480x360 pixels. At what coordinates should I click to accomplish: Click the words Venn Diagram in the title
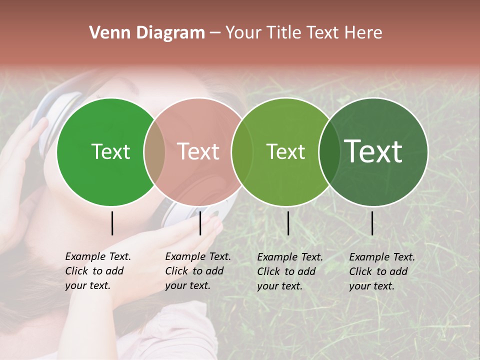click(x=147, y=33)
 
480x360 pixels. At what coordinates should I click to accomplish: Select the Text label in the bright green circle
click(x=110, y=151)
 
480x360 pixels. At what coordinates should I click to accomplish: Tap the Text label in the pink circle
click(x=198, y=151)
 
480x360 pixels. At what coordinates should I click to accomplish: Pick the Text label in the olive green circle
click(x=285, y=151)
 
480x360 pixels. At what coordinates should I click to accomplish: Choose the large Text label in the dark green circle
click(x=373, y=151)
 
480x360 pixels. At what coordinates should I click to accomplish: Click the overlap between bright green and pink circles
click(x=154, y=151)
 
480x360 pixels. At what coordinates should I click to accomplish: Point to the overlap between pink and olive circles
click(x=242, y=151)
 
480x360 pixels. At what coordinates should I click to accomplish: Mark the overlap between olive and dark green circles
click(x=329, y=151)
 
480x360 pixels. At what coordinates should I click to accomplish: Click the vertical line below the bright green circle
click(x=112, y=223)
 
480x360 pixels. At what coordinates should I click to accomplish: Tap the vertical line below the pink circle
click(x=200, y=223)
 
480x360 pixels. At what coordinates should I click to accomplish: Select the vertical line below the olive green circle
click(x=288, y=223)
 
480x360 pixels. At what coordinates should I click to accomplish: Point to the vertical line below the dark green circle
click(x=372, y=223)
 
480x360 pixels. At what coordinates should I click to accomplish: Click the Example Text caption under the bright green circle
click(x=98, y=271)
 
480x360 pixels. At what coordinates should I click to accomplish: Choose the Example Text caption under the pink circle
click(x=198, y=271)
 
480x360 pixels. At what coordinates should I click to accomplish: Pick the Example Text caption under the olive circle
click(x=290, y=271)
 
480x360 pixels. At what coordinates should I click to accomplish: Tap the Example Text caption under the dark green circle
click(x=382, y=271)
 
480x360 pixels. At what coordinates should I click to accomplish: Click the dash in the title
click(x=215, y=33)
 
